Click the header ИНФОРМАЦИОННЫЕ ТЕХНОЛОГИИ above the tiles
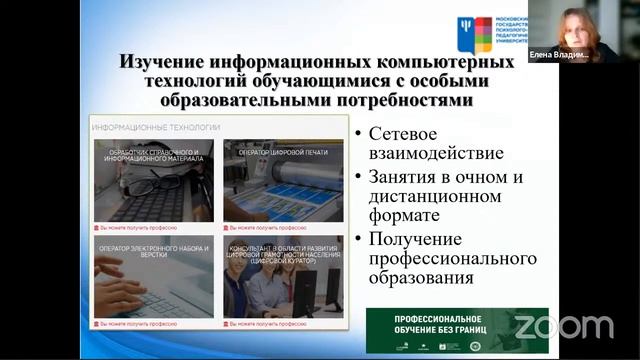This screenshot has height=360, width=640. pyautogui.click(x=155, y=128)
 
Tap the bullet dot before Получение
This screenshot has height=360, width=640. pyautogui.click(x=358, y=240)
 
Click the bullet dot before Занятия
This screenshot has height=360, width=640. pyautogui.click(x=358, y=178)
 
